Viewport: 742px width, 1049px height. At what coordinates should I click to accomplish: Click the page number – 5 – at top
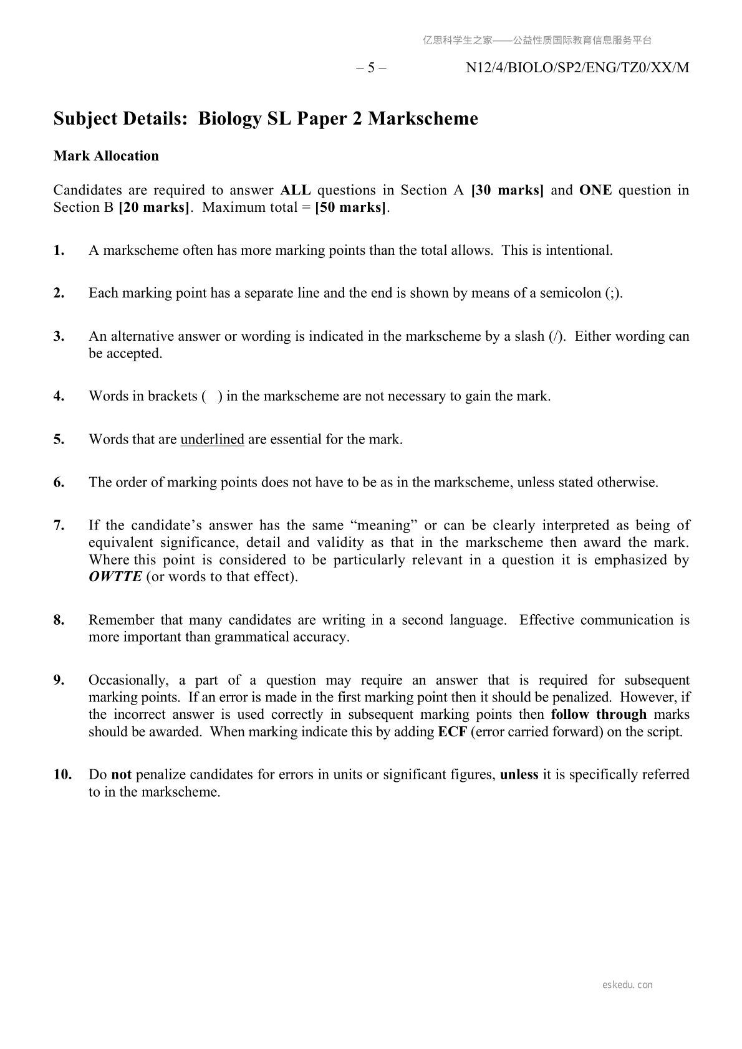pyautogui.click(x=372, y=68)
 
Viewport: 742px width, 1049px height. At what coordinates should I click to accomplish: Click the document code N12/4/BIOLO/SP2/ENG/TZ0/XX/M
pyautogui.click(x=577, y=68)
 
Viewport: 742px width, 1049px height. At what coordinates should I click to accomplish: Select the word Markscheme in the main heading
pyautogui.click(x=423, y=118)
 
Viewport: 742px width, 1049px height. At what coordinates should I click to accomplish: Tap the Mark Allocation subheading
pyautogui.click(x=106, y=156)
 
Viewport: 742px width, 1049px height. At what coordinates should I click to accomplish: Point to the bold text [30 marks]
pyautogui.click(x=508, y=190)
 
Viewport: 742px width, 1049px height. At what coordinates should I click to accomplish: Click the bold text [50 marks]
pyautogui.click(x=351, y=207)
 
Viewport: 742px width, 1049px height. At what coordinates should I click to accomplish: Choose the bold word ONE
pyautogui.click(x=595, y=190)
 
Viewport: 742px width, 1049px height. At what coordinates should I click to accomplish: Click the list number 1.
pyautogui.click(x=59, y=250)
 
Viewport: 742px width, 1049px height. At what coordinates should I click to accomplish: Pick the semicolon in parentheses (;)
pyautogui.click(x=614, y=293)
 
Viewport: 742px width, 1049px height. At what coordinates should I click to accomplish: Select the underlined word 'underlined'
pyautogui.click(x=212, y=439)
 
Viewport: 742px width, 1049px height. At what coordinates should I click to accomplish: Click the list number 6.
pyautogui.click(x=59, y=482)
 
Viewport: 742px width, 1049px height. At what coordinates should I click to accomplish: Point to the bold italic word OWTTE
pyautogui.click(x=115, y=576)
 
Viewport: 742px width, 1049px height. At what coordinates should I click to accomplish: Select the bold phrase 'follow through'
pyautogui.click(x=599, y=714)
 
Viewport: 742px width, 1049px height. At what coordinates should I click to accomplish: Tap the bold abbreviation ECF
pyautogui.click(x=452, y=731)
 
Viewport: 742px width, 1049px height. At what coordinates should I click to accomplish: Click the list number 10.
pyautogui.click(x=62, y=774)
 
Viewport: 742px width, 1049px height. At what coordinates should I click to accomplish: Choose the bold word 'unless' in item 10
pyautogui.click(x=519, y=774)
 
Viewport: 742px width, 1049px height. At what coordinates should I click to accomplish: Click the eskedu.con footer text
pyautogui.click(x=628, y=985)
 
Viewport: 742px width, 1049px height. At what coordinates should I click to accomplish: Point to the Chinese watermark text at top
pyautogui.click(x=537, y=40)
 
